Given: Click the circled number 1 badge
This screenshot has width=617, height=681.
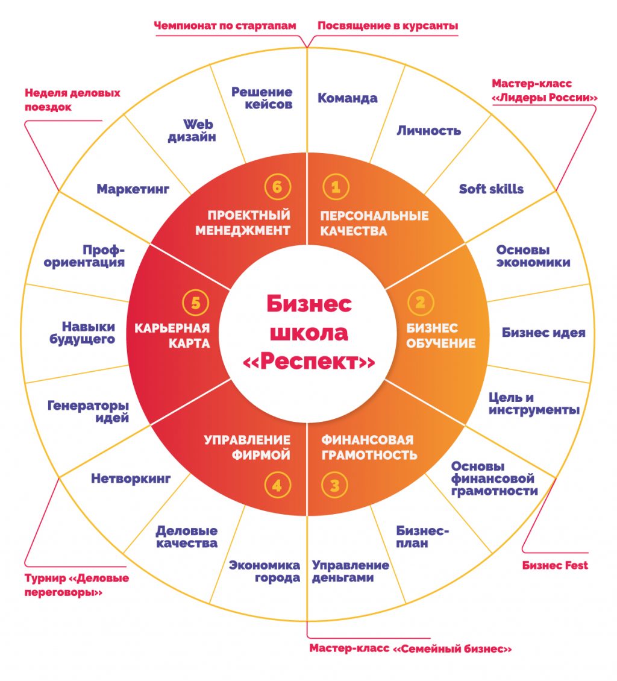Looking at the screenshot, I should pos(336,187).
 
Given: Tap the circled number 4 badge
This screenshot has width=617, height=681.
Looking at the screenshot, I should pos(277,486).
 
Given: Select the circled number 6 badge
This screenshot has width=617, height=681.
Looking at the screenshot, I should pos(277,187).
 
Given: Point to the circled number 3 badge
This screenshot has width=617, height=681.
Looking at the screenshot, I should pos(335,486).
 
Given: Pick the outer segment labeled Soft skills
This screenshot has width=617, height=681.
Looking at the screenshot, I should pos(491,189).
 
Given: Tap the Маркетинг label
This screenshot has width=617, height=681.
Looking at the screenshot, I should pos(133,189).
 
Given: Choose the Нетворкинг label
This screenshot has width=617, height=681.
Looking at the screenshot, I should pos(131,479).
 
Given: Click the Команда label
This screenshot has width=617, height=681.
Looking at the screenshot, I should pos(348,98).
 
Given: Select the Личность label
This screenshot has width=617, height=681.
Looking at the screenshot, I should pos(428,130).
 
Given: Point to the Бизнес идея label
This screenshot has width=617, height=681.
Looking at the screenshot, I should pos(543,333).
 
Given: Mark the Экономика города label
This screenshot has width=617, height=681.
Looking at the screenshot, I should pos(265,571).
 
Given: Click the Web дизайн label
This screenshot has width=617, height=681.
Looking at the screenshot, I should pos(200,130).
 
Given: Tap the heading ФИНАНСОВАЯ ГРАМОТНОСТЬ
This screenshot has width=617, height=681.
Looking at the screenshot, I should pos(369,447).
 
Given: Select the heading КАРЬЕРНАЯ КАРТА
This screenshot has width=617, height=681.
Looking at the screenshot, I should pos(172,336).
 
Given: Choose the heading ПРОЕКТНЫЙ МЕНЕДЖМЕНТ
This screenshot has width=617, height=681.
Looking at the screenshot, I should pos(249,222).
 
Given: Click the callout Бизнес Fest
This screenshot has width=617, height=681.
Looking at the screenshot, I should pos(555,565).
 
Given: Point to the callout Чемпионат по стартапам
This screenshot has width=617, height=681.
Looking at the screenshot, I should pos(225,26).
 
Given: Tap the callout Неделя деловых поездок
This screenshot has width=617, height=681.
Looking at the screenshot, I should pos(72,100).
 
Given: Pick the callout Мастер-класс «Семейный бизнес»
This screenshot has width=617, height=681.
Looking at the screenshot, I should pos(410,648).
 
